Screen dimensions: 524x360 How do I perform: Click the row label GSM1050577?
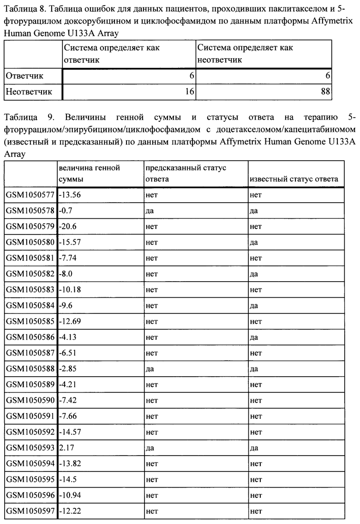pos(30,195)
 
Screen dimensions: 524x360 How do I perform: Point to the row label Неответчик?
pos(29,91)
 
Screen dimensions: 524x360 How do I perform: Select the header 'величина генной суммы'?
pos(89,174)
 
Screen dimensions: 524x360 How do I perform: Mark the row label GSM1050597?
pos(30,511)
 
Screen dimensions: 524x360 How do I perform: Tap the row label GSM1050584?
pos(30,306)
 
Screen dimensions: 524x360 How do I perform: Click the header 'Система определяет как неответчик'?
pos(245,54)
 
